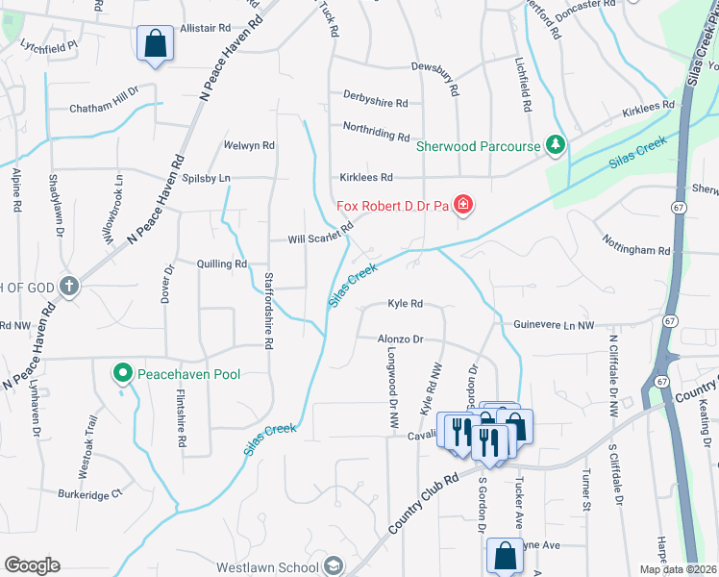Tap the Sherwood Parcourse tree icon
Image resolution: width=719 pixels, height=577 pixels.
pyautogui.click(x=554, y=145)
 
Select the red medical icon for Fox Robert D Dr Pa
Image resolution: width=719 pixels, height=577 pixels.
pyautogui.click(x=463, y=205)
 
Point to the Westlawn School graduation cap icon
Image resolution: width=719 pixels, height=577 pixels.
pyautogui.click(x=334, y=565)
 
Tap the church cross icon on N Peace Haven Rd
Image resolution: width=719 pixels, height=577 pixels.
pyautogui.click(x=69, y=286)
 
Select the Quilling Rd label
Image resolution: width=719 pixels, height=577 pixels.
pyautogui.click(x=221, y=263)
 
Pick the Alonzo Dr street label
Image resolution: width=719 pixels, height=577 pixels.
pyautogui.click(x=400, y=339)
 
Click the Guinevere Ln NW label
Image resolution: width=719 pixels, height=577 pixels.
pyautogui.click(x=554, y=326)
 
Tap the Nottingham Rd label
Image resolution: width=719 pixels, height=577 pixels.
pyautogui.click(x=636, y=250)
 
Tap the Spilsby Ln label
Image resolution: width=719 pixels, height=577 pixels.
pyautogui.click(x=206, y=179)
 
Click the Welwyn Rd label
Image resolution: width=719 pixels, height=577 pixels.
pyautogui.click(x=249, y=146)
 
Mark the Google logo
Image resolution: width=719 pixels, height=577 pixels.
pyautogui.click(x=32, y=565)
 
